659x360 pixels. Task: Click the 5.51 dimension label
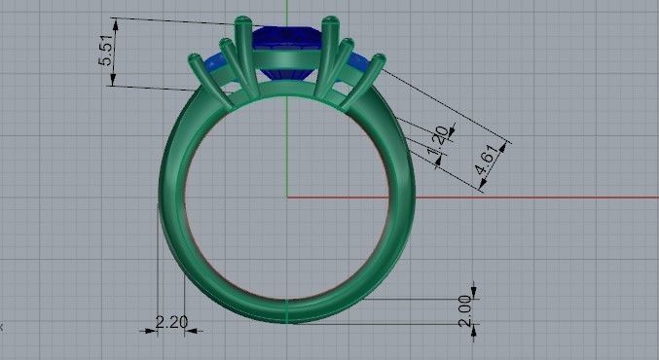click(x=106, y=52)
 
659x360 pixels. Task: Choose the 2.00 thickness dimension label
click(x=464, y=310)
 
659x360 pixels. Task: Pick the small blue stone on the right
click(x=359, y=64)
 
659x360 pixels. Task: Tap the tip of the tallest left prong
click(x=242, y=20)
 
